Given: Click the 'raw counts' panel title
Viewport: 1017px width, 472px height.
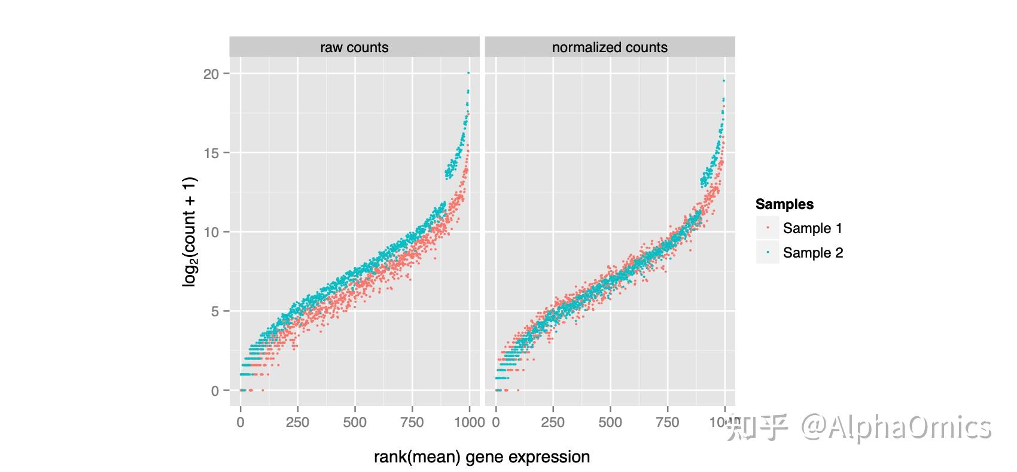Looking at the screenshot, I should tap(354, 47).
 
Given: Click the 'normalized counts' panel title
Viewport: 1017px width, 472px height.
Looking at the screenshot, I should tap(609, 47).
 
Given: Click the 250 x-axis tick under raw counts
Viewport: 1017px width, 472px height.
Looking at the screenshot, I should tap(297, 422).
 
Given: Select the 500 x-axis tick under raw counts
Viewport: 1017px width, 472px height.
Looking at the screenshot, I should tap(355, 422).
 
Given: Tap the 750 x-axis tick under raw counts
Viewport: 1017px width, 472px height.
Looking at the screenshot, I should tap(412, 422).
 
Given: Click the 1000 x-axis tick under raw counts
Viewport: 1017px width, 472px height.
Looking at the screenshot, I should tap(469, 422).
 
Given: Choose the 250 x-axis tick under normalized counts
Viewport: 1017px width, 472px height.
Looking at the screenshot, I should tap(553, 422).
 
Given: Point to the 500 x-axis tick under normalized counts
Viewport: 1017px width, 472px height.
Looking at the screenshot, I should tap(610, 422).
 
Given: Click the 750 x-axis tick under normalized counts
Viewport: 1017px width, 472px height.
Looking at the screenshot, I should tap(668, 422).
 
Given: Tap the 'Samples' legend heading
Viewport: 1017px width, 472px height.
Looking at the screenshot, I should tap(784, 204).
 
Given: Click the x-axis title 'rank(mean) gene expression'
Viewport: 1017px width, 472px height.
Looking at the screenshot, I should tap(482, 457).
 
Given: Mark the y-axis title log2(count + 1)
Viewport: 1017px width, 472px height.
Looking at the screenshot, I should tap(190, 232).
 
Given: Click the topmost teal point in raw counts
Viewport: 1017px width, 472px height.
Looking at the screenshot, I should tap(468, 72).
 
